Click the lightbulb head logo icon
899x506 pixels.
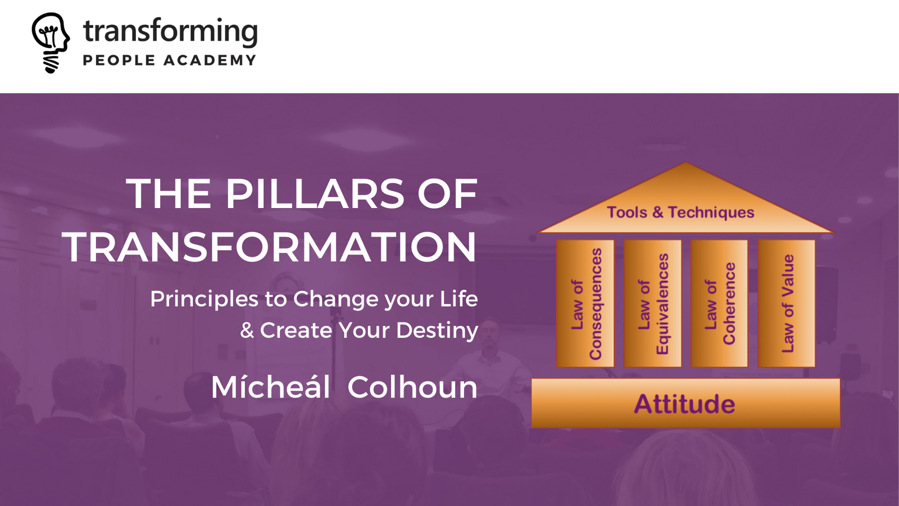51,43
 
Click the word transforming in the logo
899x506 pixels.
170,31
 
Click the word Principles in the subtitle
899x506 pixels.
205,300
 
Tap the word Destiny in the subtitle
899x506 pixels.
437,331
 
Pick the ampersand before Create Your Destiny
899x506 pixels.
247,331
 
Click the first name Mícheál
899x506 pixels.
270,387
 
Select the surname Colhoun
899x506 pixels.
412,387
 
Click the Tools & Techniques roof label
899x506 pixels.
680,212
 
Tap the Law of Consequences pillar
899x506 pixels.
585,304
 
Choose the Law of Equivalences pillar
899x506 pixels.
652,304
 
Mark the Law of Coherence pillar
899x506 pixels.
720,304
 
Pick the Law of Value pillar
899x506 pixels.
787,304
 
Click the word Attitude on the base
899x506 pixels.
685,404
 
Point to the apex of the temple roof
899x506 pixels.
685,162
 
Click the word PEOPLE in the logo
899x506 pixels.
119,60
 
